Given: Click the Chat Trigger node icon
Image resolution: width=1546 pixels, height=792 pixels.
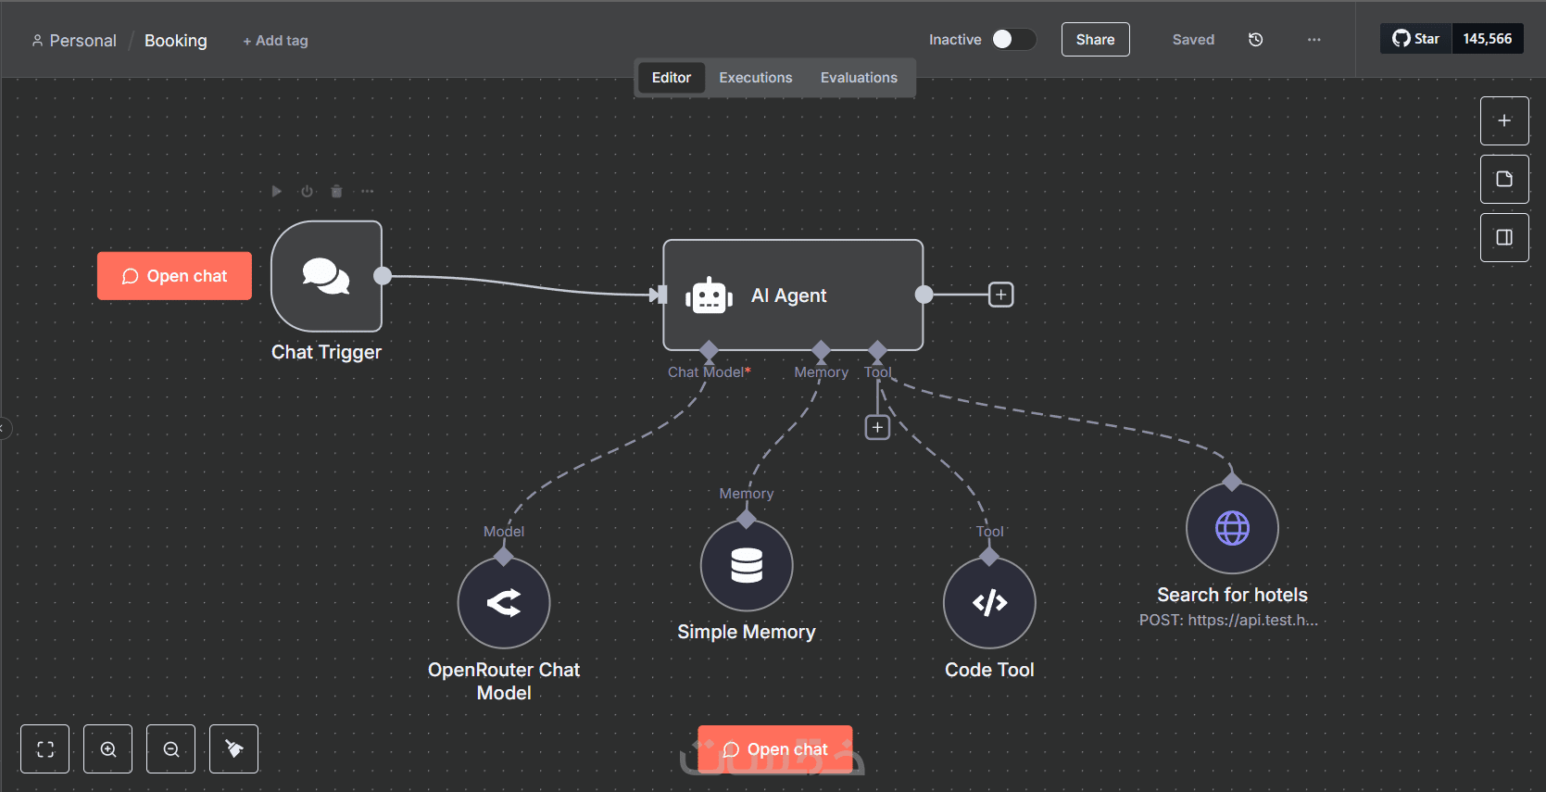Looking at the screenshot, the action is click(x=326, y=276).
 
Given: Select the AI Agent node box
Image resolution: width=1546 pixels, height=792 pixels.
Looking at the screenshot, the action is click(x=793, y=295).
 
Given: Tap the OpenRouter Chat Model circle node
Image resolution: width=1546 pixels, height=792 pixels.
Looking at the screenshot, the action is click(x=504, y=603).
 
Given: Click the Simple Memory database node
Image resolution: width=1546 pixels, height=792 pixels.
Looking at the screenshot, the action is click(x=747, y=566).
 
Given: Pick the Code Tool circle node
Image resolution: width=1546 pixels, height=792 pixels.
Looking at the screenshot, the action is click(x=989, y=603).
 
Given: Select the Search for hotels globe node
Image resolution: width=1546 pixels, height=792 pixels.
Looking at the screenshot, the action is click(x=1233, y=528).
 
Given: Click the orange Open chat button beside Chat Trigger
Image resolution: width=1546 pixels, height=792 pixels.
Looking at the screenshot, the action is click(x=175, y=276).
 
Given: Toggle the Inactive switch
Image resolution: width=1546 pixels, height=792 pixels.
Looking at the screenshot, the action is click(x=1014, y=39).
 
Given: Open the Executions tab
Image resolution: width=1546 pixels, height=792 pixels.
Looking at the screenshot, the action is click(x=756, y=77).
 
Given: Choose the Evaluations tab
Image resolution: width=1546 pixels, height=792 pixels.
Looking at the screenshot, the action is click(x=859, y=77).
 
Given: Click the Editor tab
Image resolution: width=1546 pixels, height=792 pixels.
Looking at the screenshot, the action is click(x=672, y=77).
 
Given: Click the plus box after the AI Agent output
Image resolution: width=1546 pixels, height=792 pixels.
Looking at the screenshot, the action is click(x=1000, y=295).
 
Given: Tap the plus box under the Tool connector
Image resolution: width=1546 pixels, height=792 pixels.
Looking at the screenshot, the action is click(x=877, y=428).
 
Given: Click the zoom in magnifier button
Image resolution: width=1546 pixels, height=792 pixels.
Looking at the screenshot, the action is click(x=107, y=749).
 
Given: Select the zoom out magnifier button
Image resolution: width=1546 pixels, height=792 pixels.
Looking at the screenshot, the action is click(x=171, y=749).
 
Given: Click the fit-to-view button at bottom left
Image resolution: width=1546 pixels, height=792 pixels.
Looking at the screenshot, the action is click(x=44, y=749).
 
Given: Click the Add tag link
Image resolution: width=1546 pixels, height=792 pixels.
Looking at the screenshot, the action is click(x=275, y=41).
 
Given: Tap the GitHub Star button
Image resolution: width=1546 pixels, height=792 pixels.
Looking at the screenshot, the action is click(x=1416, y=39).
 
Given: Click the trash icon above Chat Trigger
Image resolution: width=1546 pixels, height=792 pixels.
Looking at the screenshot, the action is click(x=337, y=191).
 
